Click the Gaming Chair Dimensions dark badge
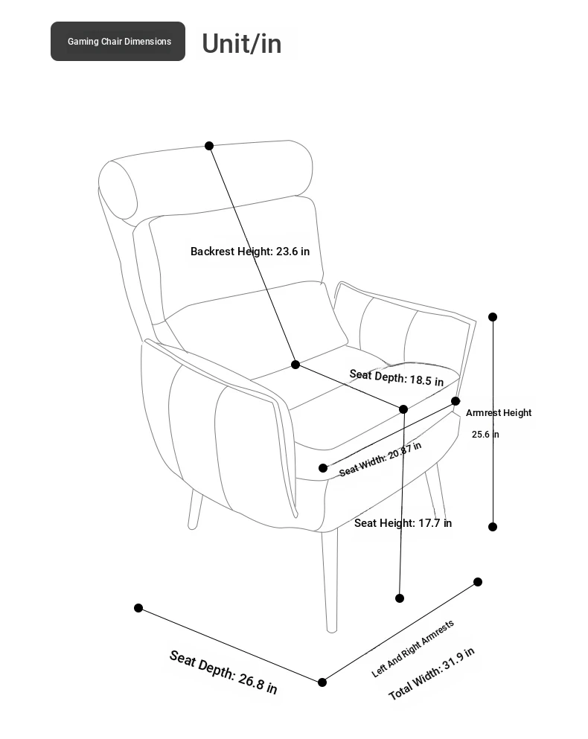[118, 41]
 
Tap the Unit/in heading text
[241, 43]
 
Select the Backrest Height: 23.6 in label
[250, 252]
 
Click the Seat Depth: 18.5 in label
[397, 377]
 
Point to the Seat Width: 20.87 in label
[380, 459]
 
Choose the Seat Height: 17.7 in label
[403, 522]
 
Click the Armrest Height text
[499, 412]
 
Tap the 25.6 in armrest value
[485, 434]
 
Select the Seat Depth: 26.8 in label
[223, 671]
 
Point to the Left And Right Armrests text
[412, 648]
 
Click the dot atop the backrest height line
[209, 146]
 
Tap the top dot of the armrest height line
[493, 317]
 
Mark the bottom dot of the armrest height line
[493, 527]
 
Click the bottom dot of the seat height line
[400, 598]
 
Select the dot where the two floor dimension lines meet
[322, 682]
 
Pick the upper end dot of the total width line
[478, 581]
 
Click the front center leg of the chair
[330, 582]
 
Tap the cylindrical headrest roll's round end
[118, 190]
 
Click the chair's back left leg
[194, 510]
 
